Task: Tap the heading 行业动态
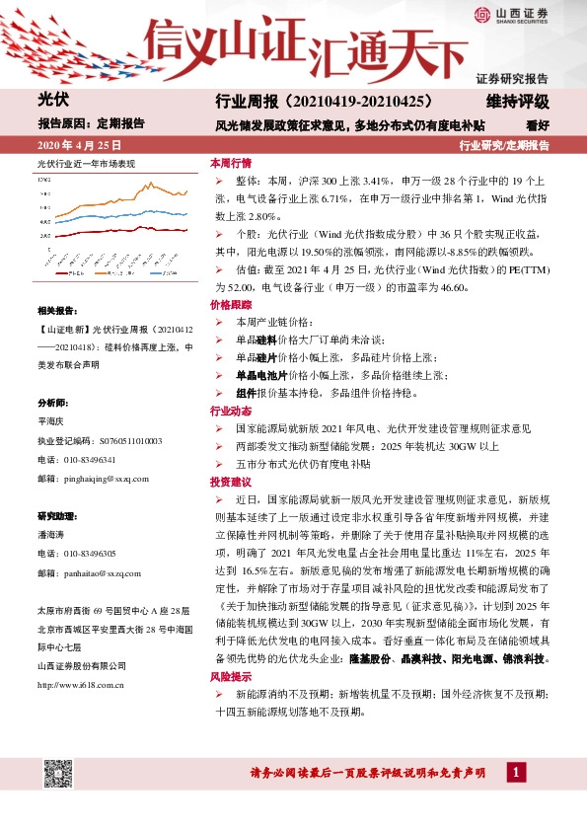(231, 411)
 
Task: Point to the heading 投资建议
(231, 482)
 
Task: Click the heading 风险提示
(231, 677)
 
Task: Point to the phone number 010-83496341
(89, 460)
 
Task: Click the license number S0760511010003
(116, 441)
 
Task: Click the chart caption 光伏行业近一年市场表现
(86, 162)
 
